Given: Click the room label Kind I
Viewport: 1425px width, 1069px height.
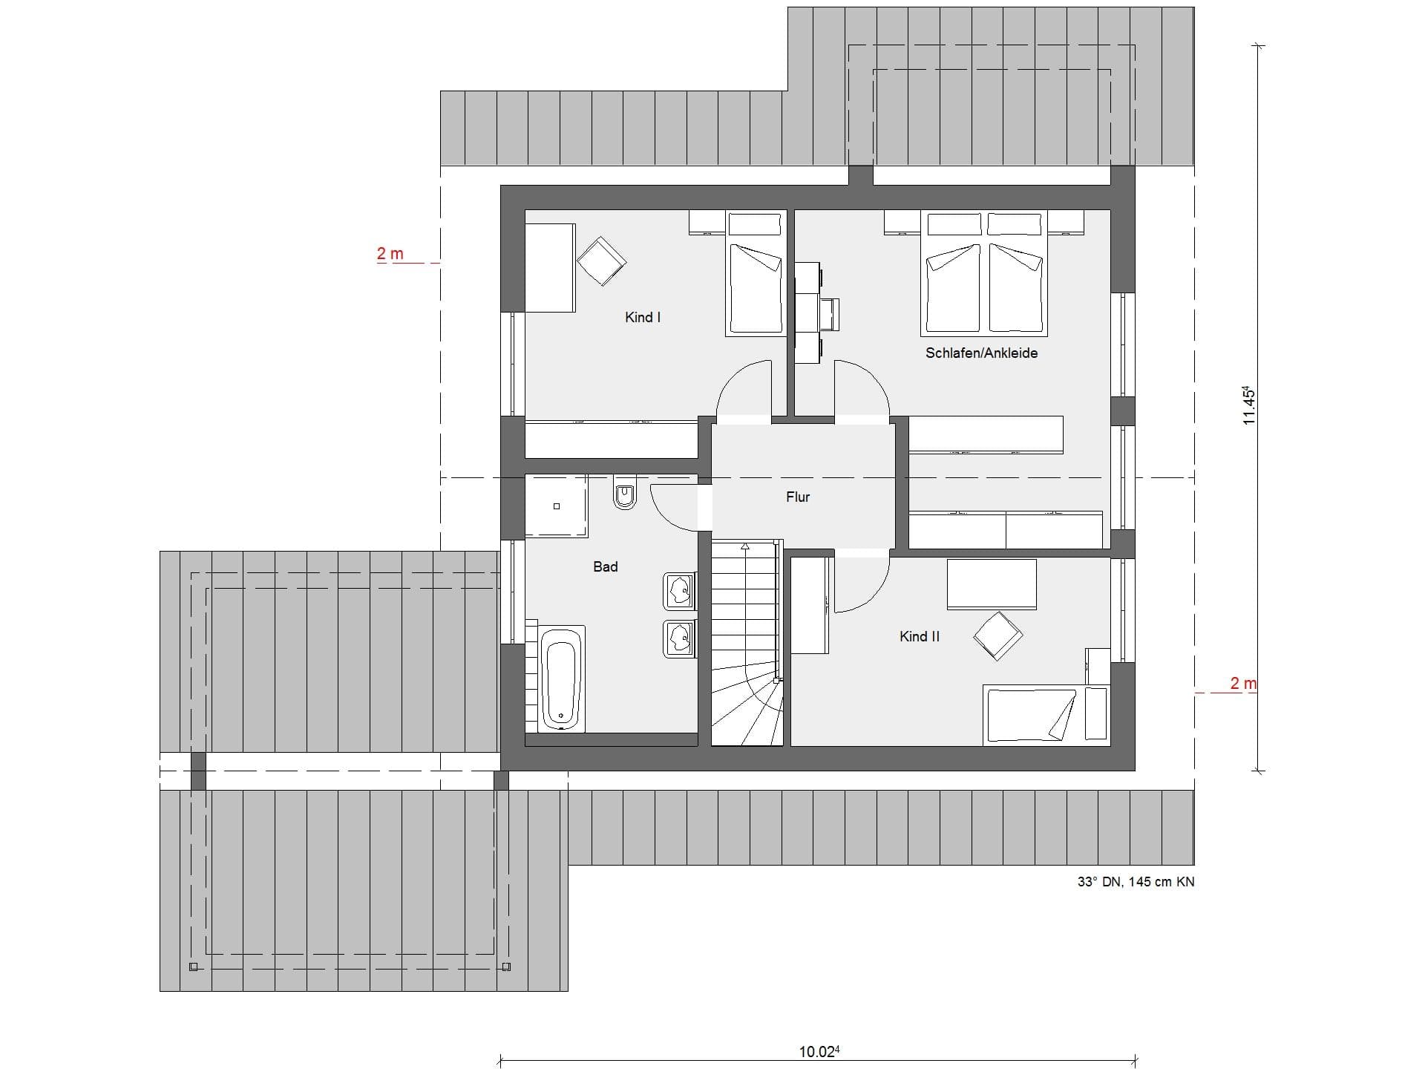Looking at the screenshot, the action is point(643,318).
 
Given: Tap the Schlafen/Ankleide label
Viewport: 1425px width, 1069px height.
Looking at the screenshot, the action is point(981,353).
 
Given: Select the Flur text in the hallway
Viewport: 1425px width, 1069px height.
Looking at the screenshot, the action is point(798,497).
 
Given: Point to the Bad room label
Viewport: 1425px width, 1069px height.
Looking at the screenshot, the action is point(606,567).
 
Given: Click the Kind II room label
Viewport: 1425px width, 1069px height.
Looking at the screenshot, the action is point(920,637).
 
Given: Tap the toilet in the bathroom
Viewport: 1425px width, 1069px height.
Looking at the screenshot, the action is point(625,493).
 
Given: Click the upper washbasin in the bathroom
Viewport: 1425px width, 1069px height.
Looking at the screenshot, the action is point(679,592).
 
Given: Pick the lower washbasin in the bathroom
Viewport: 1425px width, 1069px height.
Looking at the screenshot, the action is point(679,638).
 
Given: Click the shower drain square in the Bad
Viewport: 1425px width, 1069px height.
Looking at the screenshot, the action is point(557,506).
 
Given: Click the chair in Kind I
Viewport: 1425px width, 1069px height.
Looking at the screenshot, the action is point(601,261).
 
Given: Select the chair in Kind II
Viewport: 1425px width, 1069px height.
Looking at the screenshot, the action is point(997,636).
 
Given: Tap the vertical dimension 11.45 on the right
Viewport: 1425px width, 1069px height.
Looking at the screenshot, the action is point(1248,405).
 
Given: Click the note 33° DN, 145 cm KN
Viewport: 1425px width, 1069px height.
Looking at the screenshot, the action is point(1136,882).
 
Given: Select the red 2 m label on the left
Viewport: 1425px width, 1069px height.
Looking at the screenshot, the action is point(390,254).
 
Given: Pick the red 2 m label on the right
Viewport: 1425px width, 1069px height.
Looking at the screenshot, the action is point(1243,683).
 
